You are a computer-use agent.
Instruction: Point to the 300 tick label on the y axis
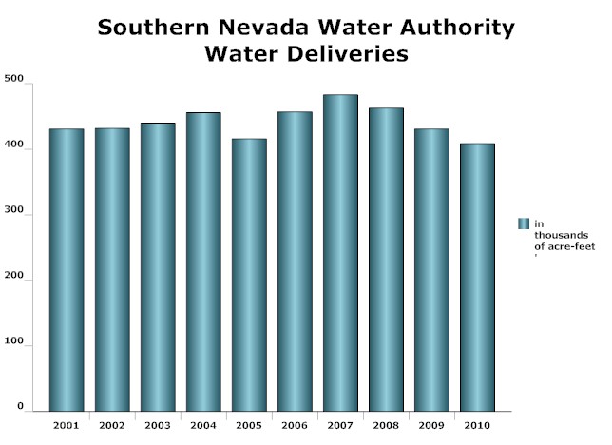pos(14,215)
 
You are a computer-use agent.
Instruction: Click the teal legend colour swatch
pos(523,223)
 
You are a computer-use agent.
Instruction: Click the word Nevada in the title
pos(252,28)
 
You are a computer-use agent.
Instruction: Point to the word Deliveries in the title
pos(347,54)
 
